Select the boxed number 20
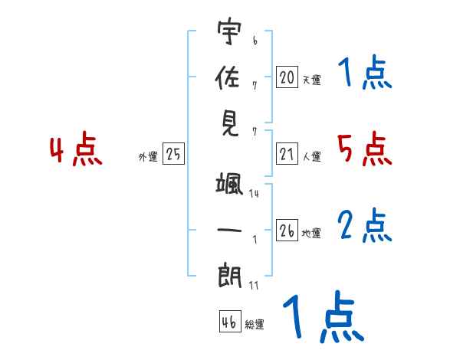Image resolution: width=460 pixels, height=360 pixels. [x=287, y=77]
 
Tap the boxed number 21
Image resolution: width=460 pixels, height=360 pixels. [x=287, y=154]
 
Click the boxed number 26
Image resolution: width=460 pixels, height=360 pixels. [x=287, y=231]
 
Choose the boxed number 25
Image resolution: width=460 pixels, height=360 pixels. [x=173, y=154]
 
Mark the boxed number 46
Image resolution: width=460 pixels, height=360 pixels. [x=228, y=322]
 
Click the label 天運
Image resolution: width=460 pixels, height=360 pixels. [x=311, y=79]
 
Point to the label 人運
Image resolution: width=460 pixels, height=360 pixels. [x=311, y=156]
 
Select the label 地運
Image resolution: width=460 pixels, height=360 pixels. [x=311, y=233]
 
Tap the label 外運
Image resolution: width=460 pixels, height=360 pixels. [x=148, y=156]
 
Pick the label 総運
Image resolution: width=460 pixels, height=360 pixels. [x=255, y=324]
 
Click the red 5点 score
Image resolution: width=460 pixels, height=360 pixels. [x=364, y=149]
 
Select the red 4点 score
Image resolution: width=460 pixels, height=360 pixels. [x=76, y=151]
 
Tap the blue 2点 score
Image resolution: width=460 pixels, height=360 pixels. [x=364, y=226]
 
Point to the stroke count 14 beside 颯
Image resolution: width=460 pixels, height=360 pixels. [x=254, y=194]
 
